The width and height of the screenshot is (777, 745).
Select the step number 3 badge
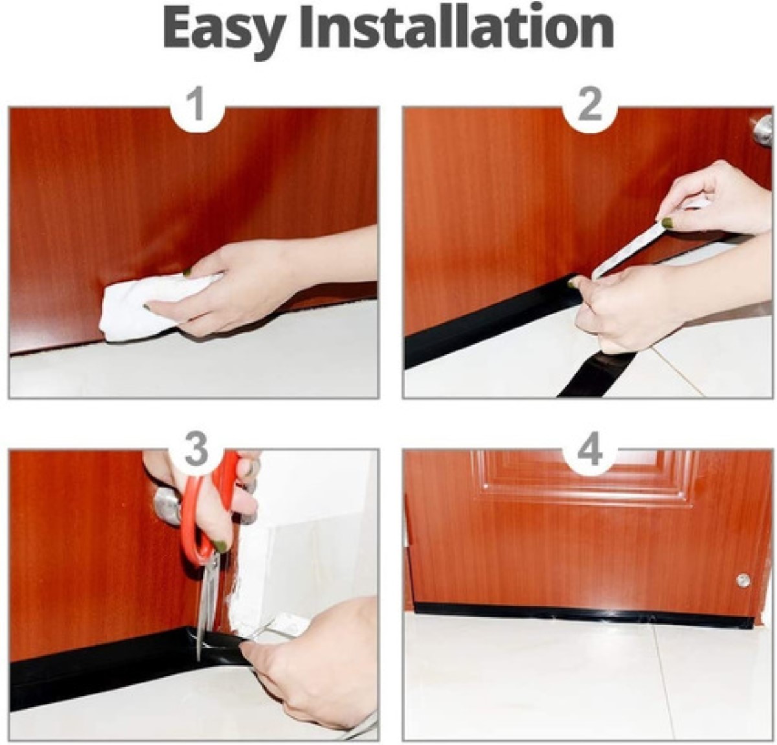tap(196, 451)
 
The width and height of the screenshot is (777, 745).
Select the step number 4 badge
tap(590, 451)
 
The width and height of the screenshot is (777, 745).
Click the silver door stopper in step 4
tap(743, 580)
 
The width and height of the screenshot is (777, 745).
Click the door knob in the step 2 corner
tap(763, 131)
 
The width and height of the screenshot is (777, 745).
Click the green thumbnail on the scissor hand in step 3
tap(220, 545)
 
